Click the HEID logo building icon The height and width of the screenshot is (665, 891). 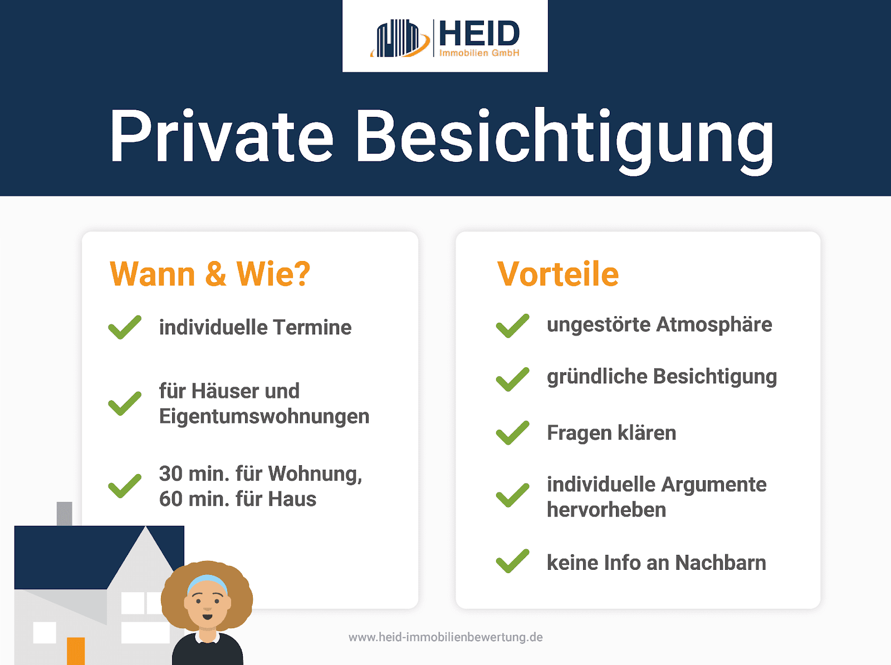[x=400, y=38]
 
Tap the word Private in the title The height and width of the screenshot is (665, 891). [x=221, y=136]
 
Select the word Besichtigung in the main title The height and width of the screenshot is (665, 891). [x=565, y=140]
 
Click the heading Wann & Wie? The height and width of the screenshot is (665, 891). [x=210, y=274]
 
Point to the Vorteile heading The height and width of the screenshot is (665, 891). [x=558, y=274]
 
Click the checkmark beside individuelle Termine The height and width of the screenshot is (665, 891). [x=125, y=327]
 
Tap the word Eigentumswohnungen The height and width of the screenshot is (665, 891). [x=265, y=417]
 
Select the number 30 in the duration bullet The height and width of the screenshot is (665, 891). [x=170, y=474]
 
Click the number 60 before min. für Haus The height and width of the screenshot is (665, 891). [x=170, y=499]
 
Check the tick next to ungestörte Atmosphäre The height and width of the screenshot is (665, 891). [x=513, y=326]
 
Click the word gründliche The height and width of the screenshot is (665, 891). [x=597, y=377]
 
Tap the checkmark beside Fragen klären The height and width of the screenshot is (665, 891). [x=513, y=432]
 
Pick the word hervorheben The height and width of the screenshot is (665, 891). [x=606, y=510]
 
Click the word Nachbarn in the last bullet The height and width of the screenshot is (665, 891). [x=721, y=563]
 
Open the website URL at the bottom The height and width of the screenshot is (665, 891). [x=445, y=637]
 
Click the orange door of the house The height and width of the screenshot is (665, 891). [x=76, y=651]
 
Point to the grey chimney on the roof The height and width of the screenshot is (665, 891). [x=65, y=514]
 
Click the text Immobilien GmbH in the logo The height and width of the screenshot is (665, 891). [x=479, y=53]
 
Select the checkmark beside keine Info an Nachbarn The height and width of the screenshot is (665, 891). [x=513, y=561]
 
